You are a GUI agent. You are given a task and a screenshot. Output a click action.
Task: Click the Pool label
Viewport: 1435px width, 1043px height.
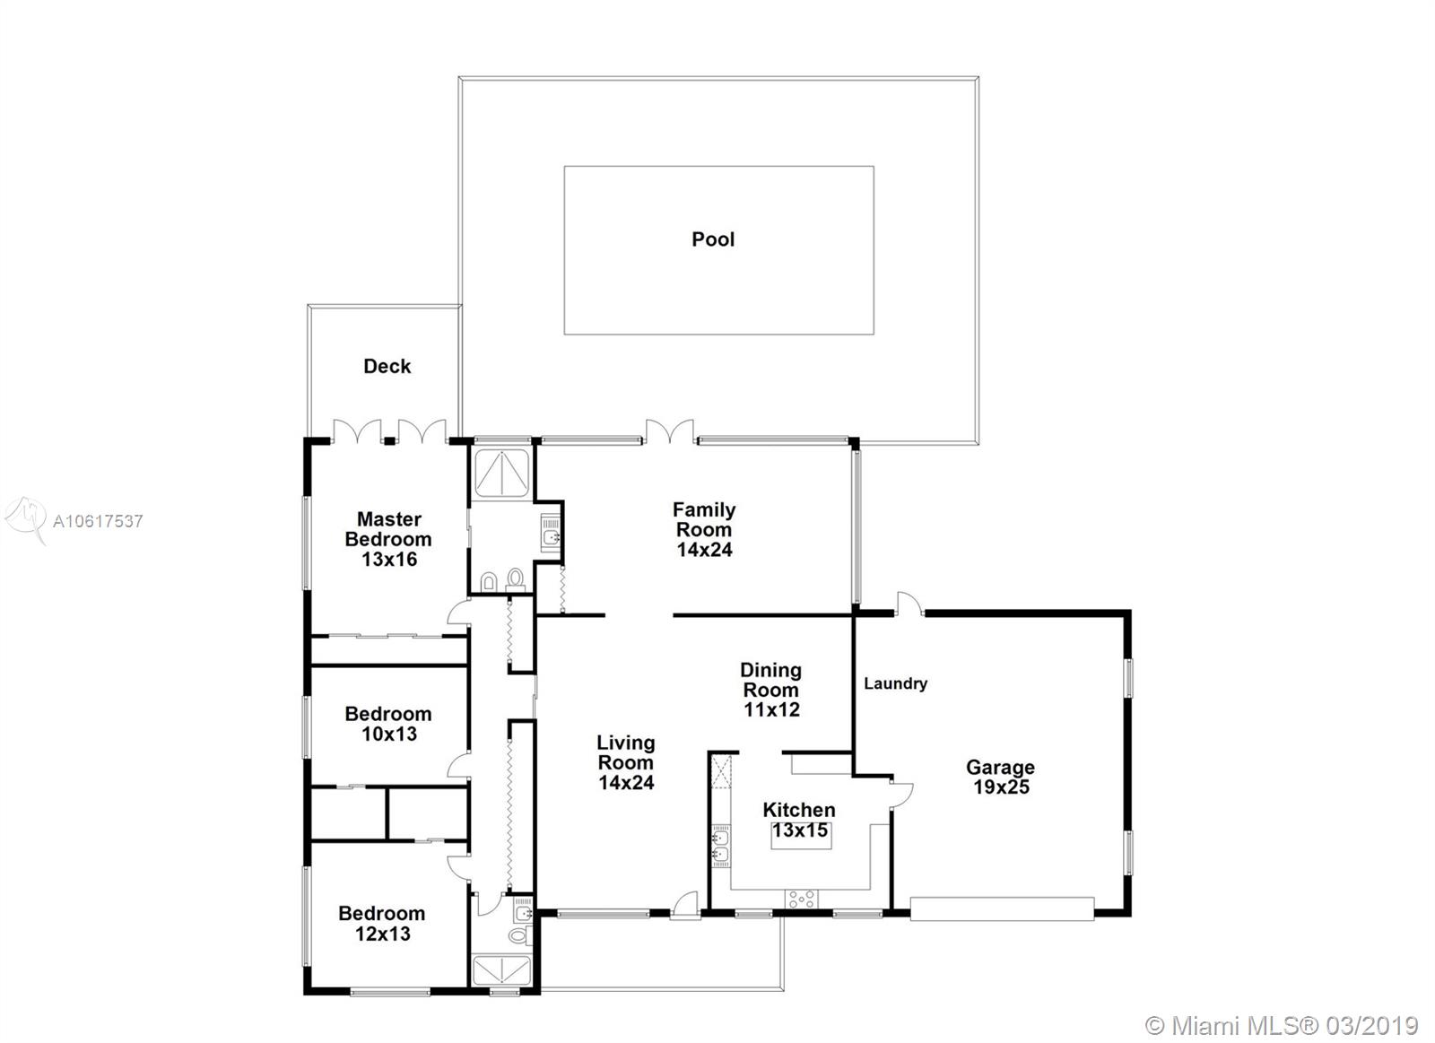pyautogui.click(x=713, y=239)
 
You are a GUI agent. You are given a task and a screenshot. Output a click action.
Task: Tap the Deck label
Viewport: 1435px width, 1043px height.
pyautogui.click(x=387, y=367)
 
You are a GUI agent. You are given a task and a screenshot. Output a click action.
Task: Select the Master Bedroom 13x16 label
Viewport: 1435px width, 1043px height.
pyautogui.click(x=388, y=539)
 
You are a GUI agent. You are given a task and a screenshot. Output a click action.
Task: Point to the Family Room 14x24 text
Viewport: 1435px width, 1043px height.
pyautogui.click(x=704, y=530)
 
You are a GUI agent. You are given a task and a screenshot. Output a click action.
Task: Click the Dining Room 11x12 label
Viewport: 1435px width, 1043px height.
pyautogui.click(x=771, y=690)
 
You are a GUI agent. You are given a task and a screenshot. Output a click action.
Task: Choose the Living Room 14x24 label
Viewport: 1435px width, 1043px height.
pyautogui.click(x=626, y=762)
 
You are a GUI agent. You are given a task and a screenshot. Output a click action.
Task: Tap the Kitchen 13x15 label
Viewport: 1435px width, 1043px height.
pyautogui.click(x=799, y=820)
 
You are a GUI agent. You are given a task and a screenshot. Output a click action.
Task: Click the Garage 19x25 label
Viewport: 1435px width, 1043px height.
pyautogui.click(x=1001, y=777)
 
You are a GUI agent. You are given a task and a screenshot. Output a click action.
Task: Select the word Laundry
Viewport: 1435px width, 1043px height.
pyautogui.click(x=896, y=684)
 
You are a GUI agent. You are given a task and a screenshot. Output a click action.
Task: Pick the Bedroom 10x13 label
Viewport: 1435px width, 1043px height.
pyautogui.click(x=388, y=724)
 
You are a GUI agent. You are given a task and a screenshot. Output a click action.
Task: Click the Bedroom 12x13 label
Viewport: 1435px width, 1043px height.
pyautogui.click(x=382, y=923)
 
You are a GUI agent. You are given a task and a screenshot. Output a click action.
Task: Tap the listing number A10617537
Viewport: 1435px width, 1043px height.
pyautogui.click(x=98, y=522)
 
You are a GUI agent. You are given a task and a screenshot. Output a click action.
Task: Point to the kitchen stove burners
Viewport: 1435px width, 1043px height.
pyautogui.click(x=802, y=900)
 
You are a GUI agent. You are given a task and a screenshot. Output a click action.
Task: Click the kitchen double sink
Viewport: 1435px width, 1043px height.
pyautogui.click(x=721, y=846)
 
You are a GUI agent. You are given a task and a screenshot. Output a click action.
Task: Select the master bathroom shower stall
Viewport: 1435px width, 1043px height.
pyautogui.click(x=501, y=473)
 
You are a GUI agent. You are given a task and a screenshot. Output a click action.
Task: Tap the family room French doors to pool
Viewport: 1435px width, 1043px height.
pyautogui.click(x=669, y=431)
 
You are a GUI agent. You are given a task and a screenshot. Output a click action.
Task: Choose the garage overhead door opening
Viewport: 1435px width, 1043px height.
pyautogui.click(x=1002, y=909)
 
